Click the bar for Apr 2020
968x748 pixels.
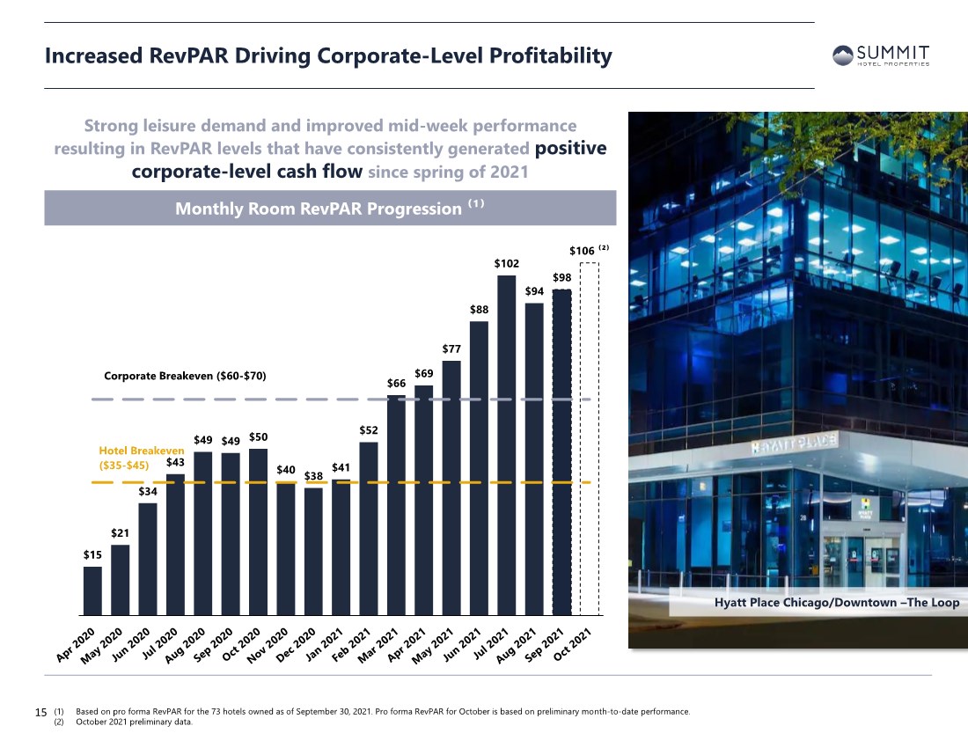coord(92,590)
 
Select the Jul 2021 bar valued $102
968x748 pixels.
coord(506,445)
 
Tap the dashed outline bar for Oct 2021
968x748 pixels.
coord(590,439)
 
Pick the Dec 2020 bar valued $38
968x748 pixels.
coord(313,552)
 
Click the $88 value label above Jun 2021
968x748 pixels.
coord(479,309)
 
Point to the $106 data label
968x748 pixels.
coord(582,251)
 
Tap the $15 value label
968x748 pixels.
coord(92,554)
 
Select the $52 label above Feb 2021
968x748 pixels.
coord(369,430)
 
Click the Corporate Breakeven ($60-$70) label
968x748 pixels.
coord(185,376)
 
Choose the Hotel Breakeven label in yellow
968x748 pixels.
coord(142,458)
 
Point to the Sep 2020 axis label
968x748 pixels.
coord(212,645)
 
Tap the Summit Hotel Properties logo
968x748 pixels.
coord(881,55)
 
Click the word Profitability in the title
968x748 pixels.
coord(551,55)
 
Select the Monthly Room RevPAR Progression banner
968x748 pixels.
coord(330,208)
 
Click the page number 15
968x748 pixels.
coord(40,712)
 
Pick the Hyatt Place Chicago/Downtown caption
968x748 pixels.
coord(837,602)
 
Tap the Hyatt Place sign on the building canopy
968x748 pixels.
coord(794,443)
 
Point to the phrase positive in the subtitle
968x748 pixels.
coord(570,148)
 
